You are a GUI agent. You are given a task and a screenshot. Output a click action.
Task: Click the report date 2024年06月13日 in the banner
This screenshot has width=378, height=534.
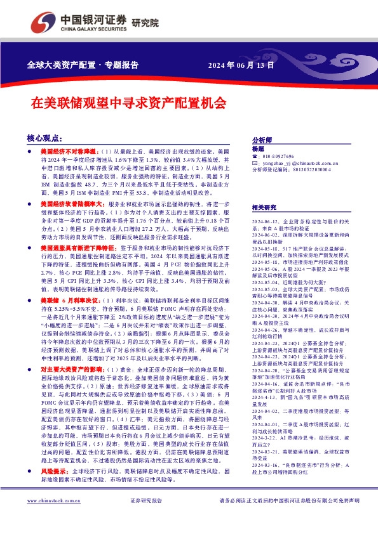241,65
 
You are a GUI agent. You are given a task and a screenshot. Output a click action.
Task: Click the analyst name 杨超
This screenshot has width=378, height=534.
257,148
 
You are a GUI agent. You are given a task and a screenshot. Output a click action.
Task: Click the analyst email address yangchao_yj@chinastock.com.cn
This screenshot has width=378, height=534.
297,163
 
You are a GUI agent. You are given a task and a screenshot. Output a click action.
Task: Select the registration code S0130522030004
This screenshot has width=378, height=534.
309,170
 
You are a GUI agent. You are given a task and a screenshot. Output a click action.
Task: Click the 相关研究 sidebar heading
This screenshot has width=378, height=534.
264,207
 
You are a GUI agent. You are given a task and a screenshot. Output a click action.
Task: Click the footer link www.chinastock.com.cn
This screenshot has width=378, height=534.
50,518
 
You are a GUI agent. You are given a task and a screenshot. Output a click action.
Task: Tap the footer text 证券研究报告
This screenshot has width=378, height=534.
145,518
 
